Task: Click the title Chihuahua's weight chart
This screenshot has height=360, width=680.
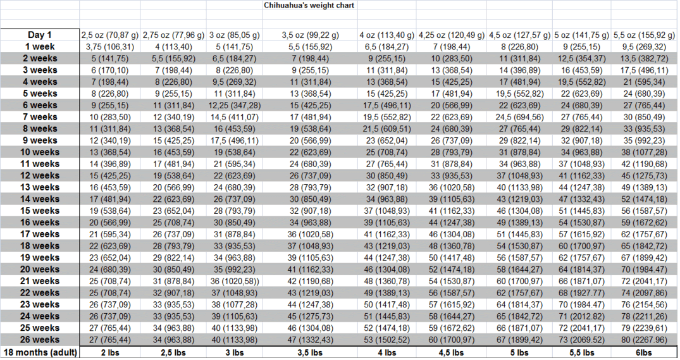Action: pos(309,5)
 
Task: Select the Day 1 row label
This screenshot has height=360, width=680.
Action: pos(39,35)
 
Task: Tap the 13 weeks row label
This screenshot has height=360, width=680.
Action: pos(39,187)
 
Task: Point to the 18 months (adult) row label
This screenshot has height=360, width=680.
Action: pos(40,352)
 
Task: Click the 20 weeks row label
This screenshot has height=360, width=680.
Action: pos(39,269)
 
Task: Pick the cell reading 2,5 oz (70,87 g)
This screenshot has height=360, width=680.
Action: pos(109,35)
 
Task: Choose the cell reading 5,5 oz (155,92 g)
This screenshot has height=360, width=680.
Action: pos(643,35)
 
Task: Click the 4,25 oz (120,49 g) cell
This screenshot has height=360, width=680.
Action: pos(451,35)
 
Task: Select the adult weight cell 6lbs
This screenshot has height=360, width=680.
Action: pos(643,352)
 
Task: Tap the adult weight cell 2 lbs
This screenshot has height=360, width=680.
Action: pos(109,352)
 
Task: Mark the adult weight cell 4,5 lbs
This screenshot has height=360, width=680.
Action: pos(451,352)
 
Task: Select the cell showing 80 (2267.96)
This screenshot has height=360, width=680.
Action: pos(643,340)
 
